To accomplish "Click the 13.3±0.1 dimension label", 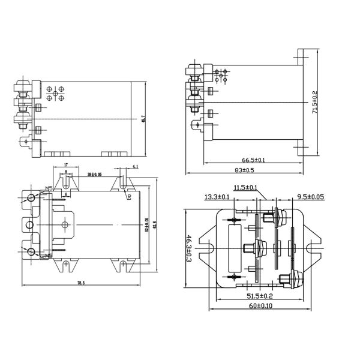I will (x=217, y=197).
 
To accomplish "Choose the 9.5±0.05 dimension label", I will (x=310, y=197).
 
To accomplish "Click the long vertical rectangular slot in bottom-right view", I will (x=234, y=231).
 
